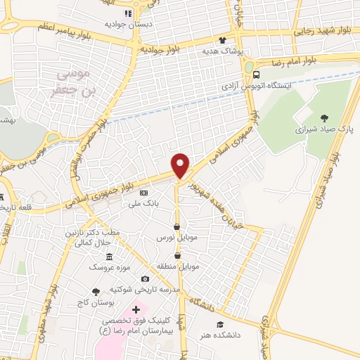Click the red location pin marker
coord(181,165)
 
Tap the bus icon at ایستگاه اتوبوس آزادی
coord(255,74)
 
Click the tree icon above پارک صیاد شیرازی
coord(323,118)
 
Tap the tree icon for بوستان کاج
coord(95,291)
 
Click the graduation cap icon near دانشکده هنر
coord(220,324)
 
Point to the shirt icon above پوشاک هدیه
coord(223,40)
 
